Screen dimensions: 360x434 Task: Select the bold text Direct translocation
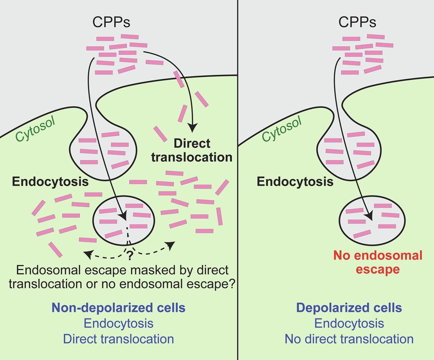click(192, 150)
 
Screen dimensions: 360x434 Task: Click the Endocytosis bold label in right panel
click(295, 181)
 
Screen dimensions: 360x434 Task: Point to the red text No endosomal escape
click(378, 262)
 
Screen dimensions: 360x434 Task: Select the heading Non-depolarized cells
click(118, 308)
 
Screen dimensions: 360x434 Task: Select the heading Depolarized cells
click(349, 308)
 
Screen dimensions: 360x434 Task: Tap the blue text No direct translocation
click(349, 338)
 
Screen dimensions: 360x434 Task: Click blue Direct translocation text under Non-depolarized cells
click(118, 338)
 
